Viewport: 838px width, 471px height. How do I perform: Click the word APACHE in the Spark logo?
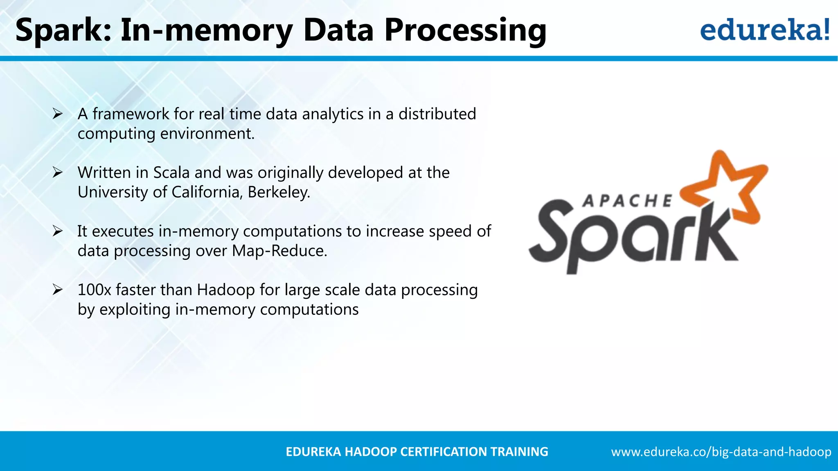[x=627, y=201]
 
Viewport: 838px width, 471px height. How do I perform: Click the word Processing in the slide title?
[x=465, y=31]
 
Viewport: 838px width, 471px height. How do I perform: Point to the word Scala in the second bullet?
[x=171, y=173]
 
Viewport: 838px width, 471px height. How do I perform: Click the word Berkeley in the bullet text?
[x=279, y=192]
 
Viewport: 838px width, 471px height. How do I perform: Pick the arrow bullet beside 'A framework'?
[x=57, y=114]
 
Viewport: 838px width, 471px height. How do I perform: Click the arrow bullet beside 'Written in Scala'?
[x=57, y=173]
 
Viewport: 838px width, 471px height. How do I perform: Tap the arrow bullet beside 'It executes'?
[x=57, y=231]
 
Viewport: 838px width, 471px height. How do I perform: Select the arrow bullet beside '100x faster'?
[x=57, y=290]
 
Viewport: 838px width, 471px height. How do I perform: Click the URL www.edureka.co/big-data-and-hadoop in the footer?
[x=721, y=452]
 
